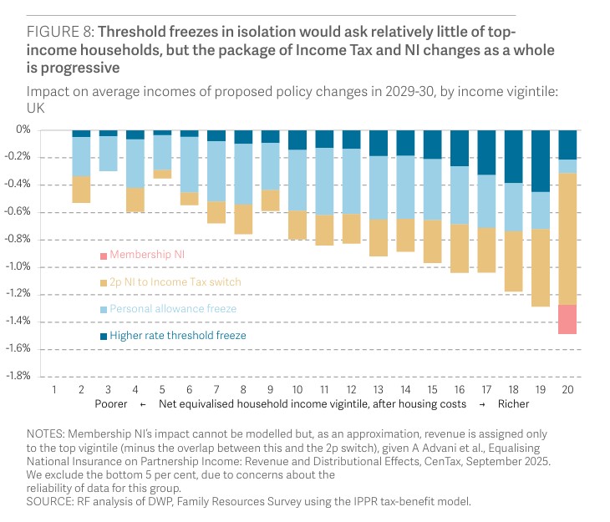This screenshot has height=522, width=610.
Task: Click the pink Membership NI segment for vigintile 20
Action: pyautogui.click(x=567, y=319)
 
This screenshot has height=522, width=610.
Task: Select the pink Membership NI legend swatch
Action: pyautogui.click(x=104, y=255)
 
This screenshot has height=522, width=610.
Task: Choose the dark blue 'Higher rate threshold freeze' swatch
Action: pyautogui.click(x=104, y=336)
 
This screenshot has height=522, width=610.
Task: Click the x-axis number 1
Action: pyautogui.click(x=54, y=389)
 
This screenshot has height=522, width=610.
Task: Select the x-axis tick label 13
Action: pyautogui.click(x=379, y=389)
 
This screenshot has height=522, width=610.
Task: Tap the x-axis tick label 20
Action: pyautogui.click(x=567, y=389)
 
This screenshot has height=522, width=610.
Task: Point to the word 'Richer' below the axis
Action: pyautogui.click(x=513, y=403)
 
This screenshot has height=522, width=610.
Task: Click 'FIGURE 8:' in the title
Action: pyautogui.click(x=60, y=33)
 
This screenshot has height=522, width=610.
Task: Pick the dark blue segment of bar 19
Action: pyautogui.click(x=541, y=161)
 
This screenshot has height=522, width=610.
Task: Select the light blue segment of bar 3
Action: pyautogui.click(x=109, y=154)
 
